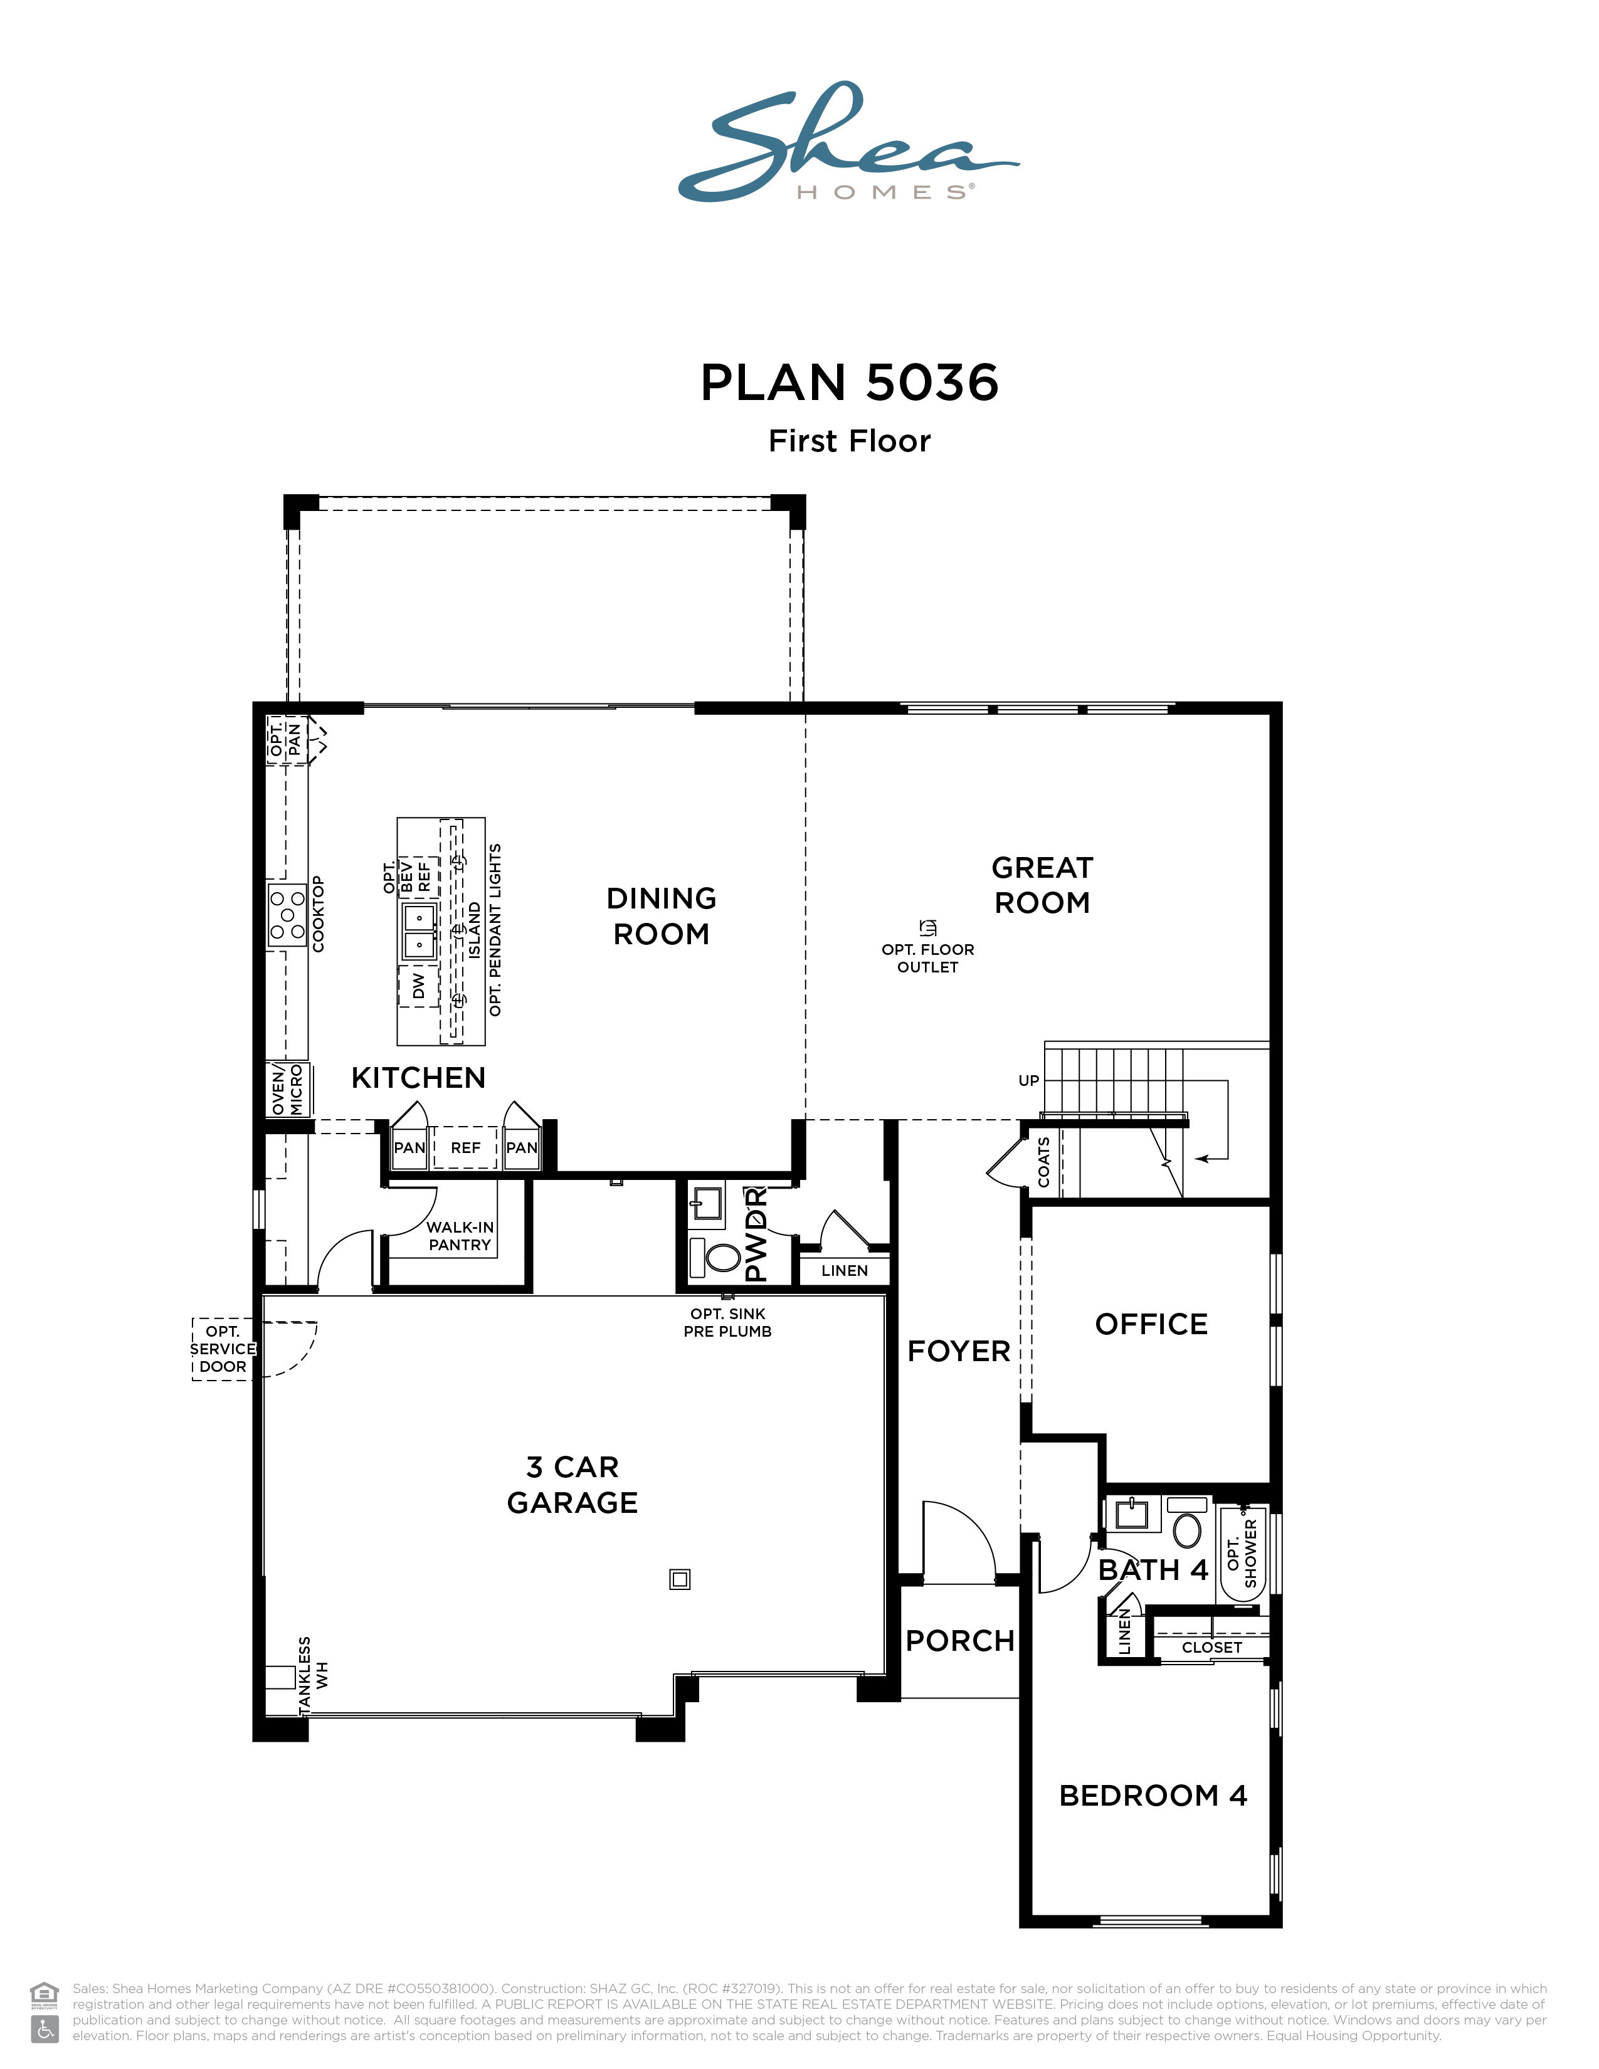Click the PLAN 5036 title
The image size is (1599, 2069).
[x=849, y=382]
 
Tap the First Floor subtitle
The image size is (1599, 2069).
[x=849, y=441]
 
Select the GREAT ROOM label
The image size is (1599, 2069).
[x=1042, y=885]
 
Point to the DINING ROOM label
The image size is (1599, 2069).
[x=661, y=916]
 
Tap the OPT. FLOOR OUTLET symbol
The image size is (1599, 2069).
[x=928, y=927]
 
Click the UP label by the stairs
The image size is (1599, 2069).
[x=1029, y=1081]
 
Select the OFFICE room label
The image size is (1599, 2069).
[x=1151, y=1324]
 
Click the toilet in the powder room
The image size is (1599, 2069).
[x=717, y=1257]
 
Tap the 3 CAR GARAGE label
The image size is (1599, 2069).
[x=572, y=1485]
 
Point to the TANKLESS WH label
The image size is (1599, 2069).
[x=313, y=1675]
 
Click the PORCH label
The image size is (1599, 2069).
[x=959, y=1641]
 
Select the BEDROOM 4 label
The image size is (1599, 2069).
[x=1153, y=1795]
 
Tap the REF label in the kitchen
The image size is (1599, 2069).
[x=465, y=1148]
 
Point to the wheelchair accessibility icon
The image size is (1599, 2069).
[x=45, y=2028]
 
